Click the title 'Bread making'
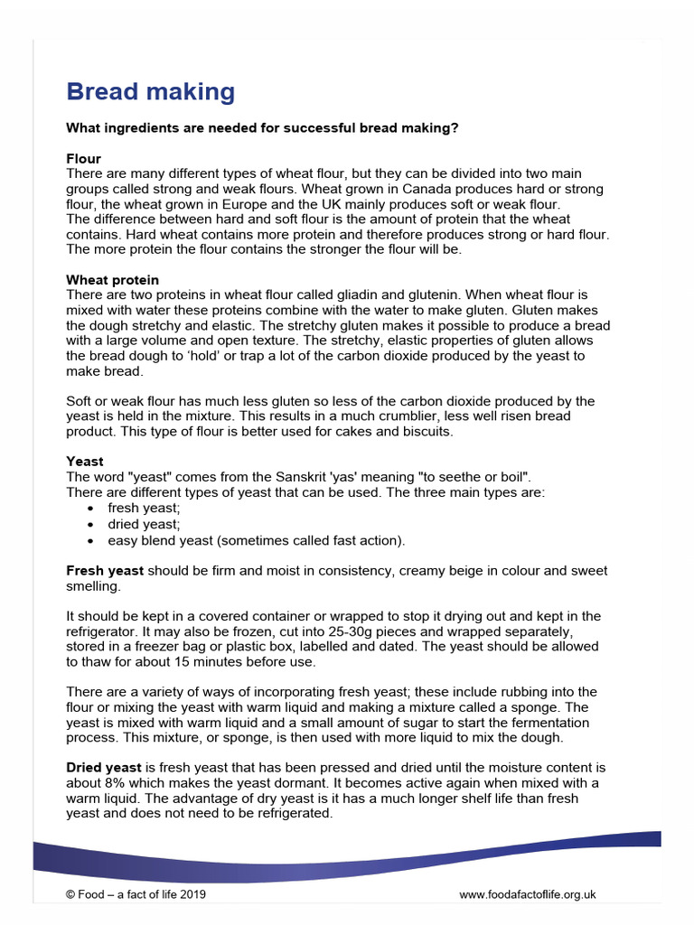pyautogui.click(x=150, y=92)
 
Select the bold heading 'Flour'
pyautogui.click(x=83, y=158)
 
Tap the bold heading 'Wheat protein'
pyautogui.click(x=112, y=280)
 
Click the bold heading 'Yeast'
pyautogui.click(x=85, y=462)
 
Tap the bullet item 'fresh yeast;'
pyautogui.click(x=144, y=508)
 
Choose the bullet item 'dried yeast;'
pyautogui.click(x=144, y=524)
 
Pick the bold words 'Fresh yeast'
pyautogui.click(x=105, y=571)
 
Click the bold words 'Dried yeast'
pyautogui.click(x=104, y=768)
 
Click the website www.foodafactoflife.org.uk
pyautogui.click(x=527, y=894)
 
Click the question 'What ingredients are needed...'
pyautogui.click(x=262, y=128)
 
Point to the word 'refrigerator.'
pyautogui.click(x=103, y=631)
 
